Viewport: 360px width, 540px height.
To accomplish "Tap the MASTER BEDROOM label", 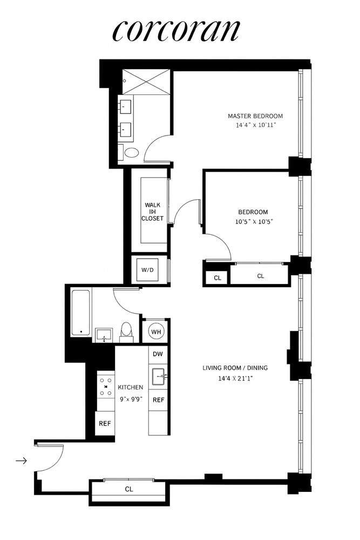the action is [x=255, y=116].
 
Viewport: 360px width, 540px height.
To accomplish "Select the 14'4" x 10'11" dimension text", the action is [x=256, y=125].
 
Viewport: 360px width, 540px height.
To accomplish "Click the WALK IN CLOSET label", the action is [x=152, y=212].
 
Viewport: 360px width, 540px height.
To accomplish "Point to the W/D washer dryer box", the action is [x=147, y=269].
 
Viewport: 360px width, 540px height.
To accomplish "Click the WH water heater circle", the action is [x=157, y=332].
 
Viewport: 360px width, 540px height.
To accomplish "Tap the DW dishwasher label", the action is [x=158, y=354].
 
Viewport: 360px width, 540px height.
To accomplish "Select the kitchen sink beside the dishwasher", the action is [x=159, y=376].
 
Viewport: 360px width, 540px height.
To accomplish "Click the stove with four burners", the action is [x=106, y=387].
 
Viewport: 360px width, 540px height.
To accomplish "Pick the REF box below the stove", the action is [x=105, y=423].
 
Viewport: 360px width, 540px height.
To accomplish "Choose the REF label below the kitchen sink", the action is [x=158, y=400].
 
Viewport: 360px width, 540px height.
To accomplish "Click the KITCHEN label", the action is [x=131, y=387].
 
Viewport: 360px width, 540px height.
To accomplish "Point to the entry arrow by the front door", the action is [x=22, y=460].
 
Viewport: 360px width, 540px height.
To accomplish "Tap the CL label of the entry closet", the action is [x=128, y=489].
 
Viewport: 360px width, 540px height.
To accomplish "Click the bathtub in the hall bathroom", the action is [x=81, y=313].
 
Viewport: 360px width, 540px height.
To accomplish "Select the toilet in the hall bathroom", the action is [x=126, y=332].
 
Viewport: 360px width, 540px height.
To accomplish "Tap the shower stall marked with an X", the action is [x=146, y=82].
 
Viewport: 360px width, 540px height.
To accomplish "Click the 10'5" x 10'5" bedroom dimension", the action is [x=254, y=221].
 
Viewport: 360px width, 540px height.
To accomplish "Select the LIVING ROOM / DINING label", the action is [x=235, y=368].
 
